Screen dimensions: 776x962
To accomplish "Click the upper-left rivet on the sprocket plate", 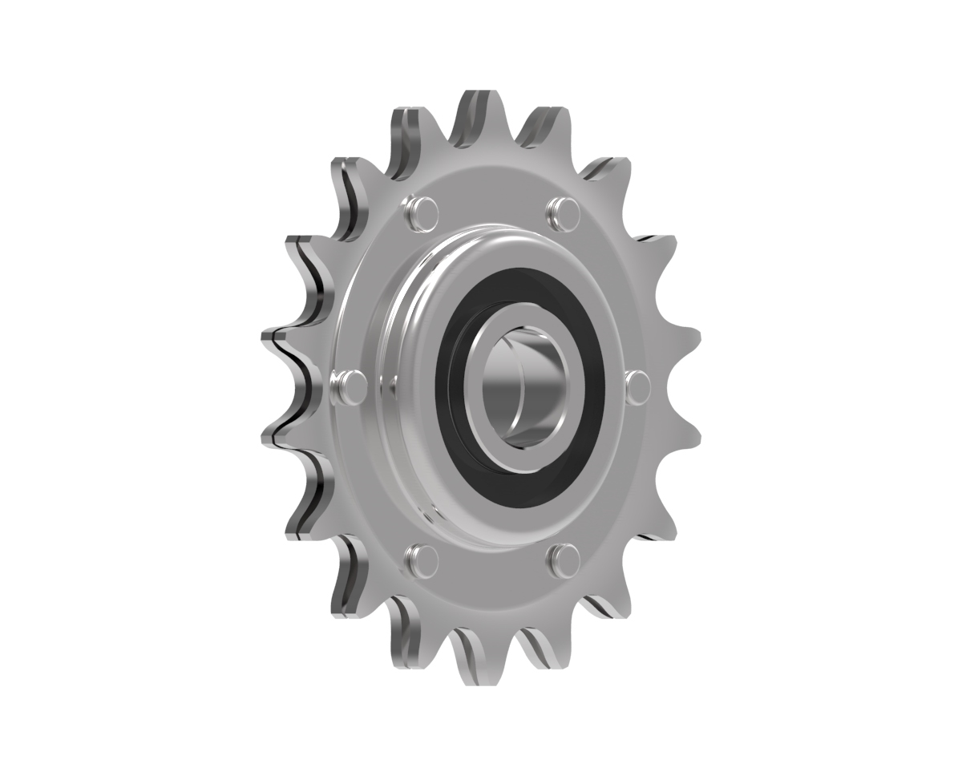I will pyautogui.click(x=423, y=210).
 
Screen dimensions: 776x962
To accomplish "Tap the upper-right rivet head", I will pyautogui.click(x=563, y=211).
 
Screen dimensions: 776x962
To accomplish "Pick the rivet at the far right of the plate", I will pyautogui.click(x=637, y=386).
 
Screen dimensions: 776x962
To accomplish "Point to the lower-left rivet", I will pyautogui.click(x=423, y=560).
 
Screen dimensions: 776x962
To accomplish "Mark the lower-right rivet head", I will pyautogui.click(x=564, y=559).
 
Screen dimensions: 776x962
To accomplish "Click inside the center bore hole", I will pyautogui.click(x=525, y=385).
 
